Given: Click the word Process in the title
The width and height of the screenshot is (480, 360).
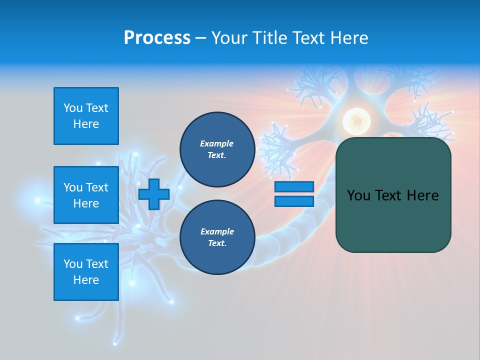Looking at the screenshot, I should [x=157, y=38].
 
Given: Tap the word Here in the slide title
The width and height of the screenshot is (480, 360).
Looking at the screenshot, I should [x=348, y=38].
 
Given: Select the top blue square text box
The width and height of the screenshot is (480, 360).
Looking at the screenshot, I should [x=86, y=116].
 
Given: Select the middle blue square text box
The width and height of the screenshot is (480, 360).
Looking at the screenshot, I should [x=86, y=195].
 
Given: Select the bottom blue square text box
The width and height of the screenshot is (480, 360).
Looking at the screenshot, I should [x=86, y=272].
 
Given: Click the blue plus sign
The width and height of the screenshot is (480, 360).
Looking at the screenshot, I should [x=153, y=194].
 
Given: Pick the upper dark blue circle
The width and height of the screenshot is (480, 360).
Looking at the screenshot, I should [x=217, y=149].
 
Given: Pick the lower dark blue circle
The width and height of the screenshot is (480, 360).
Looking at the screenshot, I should [x=217, y=237].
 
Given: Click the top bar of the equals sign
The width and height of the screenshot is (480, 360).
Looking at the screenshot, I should [x=294, y=187].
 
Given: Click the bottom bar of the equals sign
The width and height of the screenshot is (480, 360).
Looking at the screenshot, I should [x=294, y=201].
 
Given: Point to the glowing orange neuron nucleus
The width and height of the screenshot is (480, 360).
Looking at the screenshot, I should [x=355, y=120].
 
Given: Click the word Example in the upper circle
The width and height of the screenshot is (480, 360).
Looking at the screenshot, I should [x=216, y=143].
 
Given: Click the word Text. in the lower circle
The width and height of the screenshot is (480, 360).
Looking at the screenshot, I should [x=217, y=243].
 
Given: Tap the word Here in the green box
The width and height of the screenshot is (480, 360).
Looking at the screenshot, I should [x=422, y=195].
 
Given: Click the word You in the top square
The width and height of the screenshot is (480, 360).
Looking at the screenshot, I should [x=73, y=108].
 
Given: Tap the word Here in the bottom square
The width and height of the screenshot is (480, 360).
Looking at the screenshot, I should [x=86, y=280].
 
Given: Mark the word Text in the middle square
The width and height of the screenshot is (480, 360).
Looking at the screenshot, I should [x=97, y=187].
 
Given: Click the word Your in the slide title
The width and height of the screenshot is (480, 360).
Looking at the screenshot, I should [x=230, y=38].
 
